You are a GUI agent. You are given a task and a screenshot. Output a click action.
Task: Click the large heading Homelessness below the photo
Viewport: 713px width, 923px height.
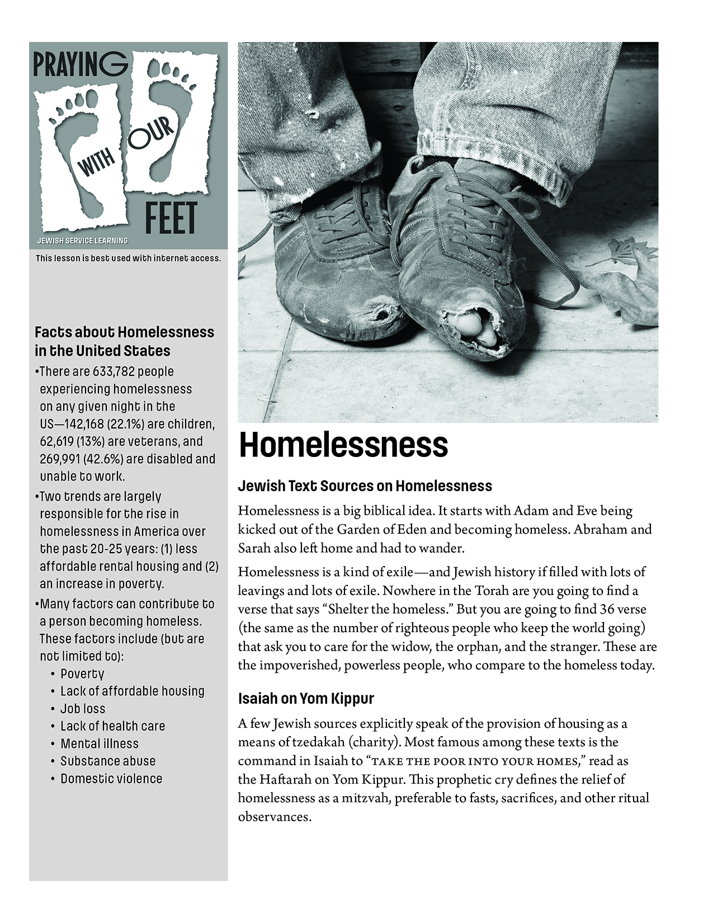pyautogui.click(x=343, y=445)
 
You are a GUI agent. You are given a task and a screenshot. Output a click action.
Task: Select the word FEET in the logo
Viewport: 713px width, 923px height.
pyautogui.click(x=171, y=219)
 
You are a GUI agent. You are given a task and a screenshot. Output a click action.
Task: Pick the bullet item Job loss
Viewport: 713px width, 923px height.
pyautogui.click(x=83, y=709)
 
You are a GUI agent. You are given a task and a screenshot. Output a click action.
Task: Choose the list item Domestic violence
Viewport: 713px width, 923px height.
pyautogui.click(x=111, y=779)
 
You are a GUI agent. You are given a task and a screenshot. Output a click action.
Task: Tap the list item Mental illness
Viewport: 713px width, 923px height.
pyautogui.click(x=100, y=743)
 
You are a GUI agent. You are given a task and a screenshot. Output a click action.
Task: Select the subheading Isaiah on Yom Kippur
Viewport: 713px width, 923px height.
pyautogui.click(x=306, y=699)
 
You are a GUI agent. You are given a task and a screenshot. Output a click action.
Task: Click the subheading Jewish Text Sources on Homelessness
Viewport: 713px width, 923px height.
pyautogui.click(x=365, y=486)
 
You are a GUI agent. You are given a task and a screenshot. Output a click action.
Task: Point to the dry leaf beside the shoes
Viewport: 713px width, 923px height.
pyautogui.click(x=626, y=280)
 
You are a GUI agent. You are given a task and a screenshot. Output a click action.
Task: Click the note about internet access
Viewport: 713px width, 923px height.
pyautogui.click(x=128, y=258)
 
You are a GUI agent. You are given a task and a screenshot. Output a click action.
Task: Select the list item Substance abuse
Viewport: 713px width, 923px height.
pyautogui.click(x=108, y=761)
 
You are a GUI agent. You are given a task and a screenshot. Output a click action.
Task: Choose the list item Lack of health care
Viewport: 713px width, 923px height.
pyautogui.click(x=112, y=726)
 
